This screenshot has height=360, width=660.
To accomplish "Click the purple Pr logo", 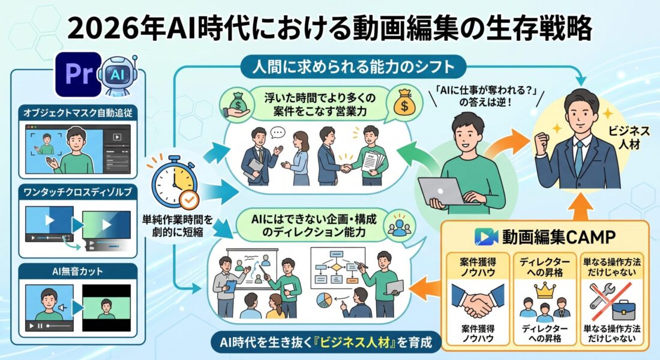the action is click(79, 74).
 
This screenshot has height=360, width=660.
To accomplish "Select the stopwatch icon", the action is click(174, 181).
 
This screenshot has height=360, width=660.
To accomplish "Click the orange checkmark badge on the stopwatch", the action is click(189, 200).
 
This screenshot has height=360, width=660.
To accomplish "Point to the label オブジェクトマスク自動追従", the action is click(78, 113).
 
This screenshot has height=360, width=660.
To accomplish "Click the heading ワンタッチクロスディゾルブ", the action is click(78, 192).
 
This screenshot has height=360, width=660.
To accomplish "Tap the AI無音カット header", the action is click(78, 271).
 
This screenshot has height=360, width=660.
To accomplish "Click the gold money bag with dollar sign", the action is click(404, 103).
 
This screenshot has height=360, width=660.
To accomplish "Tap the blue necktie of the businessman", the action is click(580, 157).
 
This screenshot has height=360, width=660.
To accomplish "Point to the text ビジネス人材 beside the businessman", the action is click(629, 137).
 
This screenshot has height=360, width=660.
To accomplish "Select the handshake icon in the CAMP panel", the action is click(478, 300).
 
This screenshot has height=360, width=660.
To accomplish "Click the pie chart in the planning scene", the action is click(324, 300).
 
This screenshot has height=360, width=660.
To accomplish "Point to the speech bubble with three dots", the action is click(277, 133).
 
